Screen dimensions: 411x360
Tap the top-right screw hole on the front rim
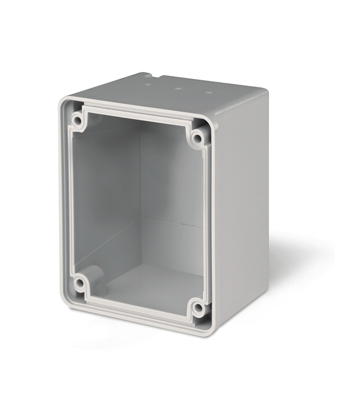tap(197, 138)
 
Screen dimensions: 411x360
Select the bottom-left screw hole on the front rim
tap(79, 282)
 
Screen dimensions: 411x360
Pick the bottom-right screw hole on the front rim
tap(197, 308)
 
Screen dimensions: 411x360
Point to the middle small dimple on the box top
tap(178, 87)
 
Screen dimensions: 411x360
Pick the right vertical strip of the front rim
tap(208, 221)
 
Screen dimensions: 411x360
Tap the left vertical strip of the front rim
tap(66, 200)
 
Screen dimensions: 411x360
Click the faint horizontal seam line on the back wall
tap(170, 222)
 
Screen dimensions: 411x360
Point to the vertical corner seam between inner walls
tap(139, 195)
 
